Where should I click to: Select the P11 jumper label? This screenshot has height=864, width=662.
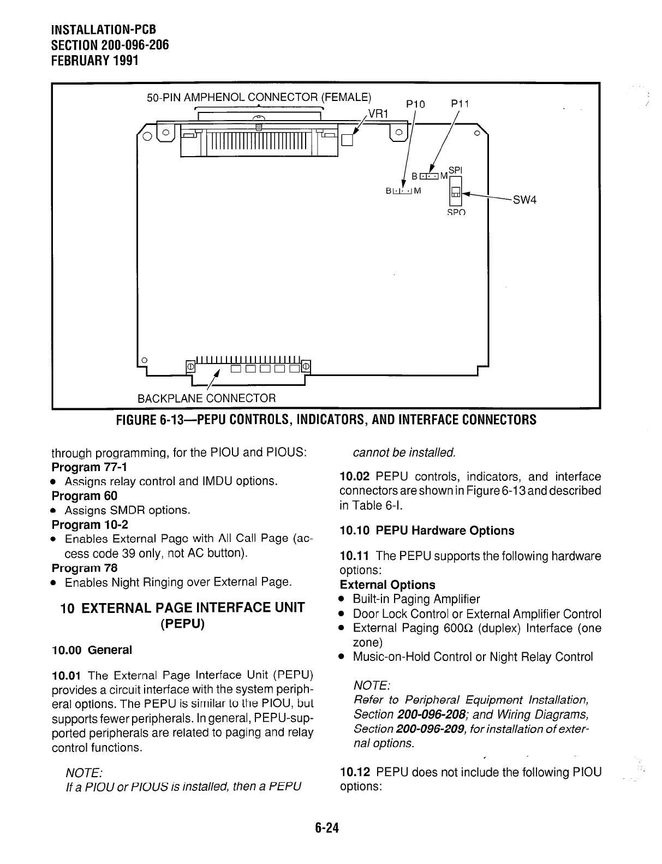tap(460, 104)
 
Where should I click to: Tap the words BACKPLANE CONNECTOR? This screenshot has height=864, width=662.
tap(207, 397)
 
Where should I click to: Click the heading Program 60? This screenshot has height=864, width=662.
tap(84, 496)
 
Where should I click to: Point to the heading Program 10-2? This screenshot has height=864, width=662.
tap(90, 525)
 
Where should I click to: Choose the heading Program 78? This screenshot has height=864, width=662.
tap(84, 568)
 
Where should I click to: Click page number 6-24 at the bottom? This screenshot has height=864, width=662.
tap(327, 828)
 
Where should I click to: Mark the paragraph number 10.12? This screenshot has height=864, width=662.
tap(355, 772)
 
